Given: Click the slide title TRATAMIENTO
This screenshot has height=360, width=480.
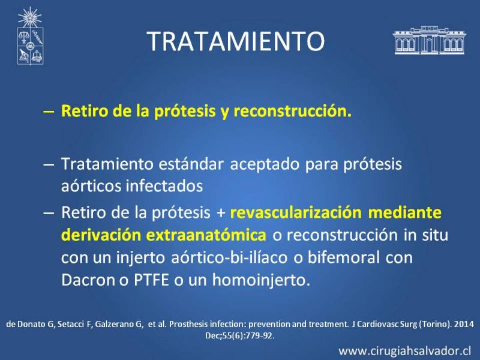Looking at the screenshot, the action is click(235, 41).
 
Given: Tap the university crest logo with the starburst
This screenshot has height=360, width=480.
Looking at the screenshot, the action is click(30, 35).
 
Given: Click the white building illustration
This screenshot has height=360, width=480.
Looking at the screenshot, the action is click(429, 40).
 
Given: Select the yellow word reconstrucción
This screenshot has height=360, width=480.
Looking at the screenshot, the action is click(292, 111).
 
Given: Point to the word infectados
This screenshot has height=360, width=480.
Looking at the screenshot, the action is click(164, 186).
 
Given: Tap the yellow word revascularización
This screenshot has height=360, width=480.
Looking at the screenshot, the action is click(296, 212).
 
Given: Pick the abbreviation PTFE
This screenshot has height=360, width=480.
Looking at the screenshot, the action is click(152, 280).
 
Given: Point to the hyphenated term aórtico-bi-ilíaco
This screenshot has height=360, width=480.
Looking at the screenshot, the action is click(229, 257).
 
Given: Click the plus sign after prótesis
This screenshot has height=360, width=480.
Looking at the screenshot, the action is click(220, 213).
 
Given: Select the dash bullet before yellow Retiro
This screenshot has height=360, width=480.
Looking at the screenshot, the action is click(49, 112).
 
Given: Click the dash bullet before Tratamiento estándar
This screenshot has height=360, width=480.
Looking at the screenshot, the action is click(49, 164).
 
